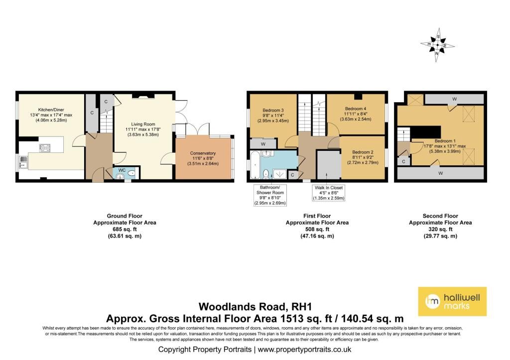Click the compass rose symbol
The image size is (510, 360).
coord(437,45)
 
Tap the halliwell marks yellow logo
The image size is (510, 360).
coord(452,301)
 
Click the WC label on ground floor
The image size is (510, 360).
coord(122,170)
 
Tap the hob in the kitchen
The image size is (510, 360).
coord(45,148)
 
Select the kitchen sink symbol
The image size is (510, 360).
coord(23,161)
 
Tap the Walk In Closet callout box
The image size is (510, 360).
coord(329,193)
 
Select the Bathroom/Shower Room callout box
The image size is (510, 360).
coord(270,195)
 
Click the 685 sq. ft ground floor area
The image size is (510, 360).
coord(125,229)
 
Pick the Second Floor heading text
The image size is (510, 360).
coord(440,216)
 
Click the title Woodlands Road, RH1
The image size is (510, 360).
coord(255,307)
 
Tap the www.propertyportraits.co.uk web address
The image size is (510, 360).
coord(304,350)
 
